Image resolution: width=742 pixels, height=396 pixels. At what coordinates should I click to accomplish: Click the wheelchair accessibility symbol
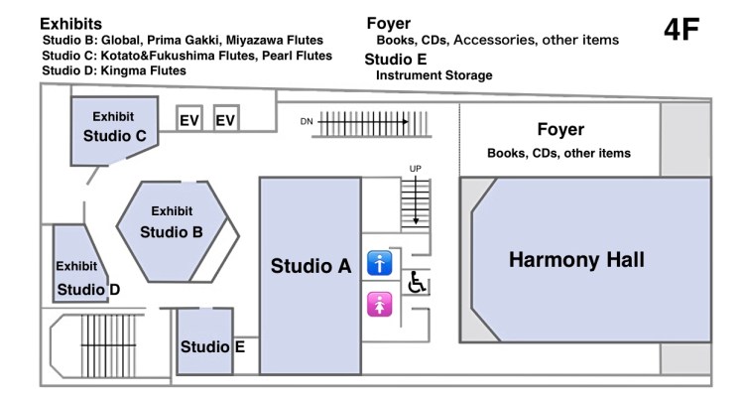418,283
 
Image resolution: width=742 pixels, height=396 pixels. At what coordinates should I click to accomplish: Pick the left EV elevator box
189,120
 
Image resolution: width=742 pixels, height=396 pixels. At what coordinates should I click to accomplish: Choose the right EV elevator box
227,120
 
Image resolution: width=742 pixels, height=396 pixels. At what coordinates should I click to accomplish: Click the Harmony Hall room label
576,260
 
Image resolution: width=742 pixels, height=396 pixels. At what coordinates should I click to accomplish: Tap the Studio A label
311,266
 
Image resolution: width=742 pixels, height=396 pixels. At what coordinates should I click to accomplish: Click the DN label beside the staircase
308,121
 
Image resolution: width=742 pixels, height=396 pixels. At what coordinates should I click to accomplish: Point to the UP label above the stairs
417,168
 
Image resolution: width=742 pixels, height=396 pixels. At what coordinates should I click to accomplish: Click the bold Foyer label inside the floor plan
559,130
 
